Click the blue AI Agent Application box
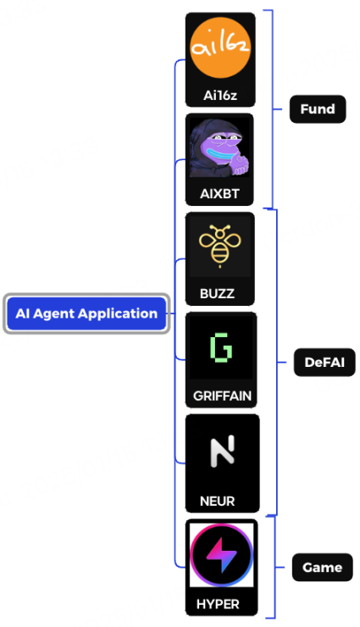point(86,313)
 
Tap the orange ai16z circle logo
point(220,47)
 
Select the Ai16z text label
point(220,96)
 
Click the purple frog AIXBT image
point(219,148)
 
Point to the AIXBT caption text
point(219,194)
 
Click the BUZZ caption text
point(217,294)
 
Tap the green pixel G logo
point(221,347)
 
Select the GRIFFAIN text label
point(222,396)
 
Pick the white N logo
point(222,452)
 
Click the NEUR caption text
point(218,501)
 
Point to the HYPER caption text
point(218,604)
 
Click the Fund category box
point(318,109)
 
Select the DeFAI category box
point(324,363)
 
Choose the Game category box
point(323,568)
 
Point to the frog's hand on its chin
point(240,164)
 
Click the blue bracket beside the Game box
point(274,568)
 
